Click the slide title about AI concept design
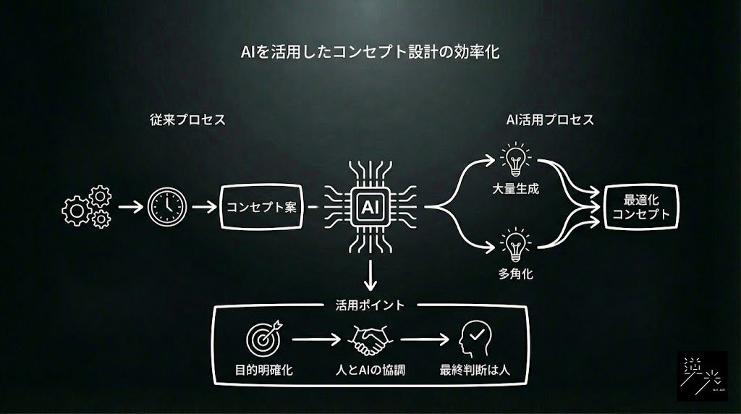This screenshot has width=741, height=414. coord(370,51)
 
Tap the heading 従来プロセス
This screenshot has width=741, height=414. coord(187,119)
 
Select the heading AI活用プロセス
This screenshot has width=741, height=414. coord(550,119)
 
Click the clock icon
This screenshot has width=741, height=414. coord(167,206)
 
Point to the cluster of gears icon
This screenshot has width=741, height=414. coord(87,207)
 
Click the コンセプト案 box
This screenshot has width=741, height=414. coord(261,207)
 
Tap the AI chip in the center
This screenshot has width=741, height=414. coord(370,207)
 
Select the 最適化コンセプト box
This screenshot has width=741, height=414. coord(641,207)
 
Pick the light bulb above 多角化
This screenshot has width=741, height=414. coord(515,245)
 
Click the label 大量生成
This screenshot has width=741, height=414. coord(515,189)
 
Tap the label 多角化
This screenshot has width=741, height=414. coord(515,274)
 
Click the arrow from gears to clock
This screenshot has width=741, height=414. coord(130,206)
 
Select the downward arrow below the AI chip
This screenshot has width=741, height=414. coord(370,276)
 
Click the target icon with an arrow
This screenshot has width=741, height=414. coord(263,338)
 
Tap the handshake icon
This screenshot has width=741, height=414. coord(370,339)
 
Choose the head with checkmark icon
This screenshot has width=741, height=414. coord(475,339)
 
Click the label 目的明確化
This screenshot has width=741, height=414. coord(263,370)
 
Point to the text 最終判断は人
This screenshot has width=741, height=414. coord(475,370)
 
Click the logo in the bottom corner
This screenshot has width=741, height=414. coord(702,376)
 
